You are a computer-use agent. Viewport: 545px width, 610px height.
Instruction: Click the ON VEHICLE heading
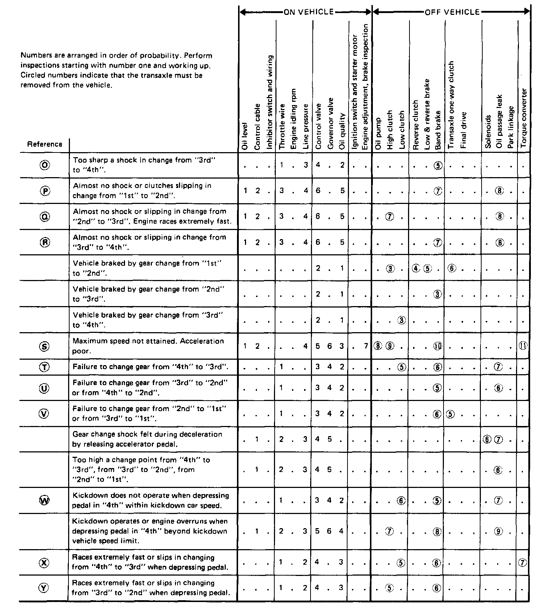(308, 12)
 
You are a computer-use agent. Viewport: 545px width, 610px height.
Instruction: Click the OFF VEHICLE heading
(452, 12)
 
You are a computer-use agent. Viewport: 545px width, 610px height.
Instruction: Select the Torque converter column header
(524, 118)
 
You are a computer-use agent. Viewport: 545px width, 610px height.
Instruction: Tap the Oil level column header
(245, 136)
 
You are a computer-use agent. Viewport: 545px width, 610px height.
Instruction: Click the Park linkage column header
(511, 127)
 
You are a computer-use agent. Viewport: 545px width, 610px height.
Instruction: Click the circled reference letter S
(44, 346)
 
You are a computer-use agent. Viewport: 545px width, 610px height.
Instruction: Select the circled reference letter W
(44, 500)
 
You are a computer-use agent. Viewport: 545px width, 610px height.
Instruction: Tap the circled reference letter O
(44, 165)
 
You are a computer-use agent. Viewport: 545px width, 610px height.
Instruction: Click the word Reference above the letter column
(45, 144)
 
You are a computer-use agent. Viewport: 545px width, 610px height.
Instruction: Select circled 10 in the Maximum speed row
(438, 346)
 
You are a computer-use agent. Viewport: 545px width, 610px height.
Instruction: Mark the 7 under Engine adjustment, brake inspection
(366, 346)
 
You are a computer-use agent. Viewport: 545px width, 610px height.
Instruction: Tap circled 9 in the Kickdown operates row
(499, 531)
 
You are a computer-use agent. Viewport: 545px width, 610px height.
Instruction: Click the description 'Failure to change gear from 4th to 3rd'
(150, 367)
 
